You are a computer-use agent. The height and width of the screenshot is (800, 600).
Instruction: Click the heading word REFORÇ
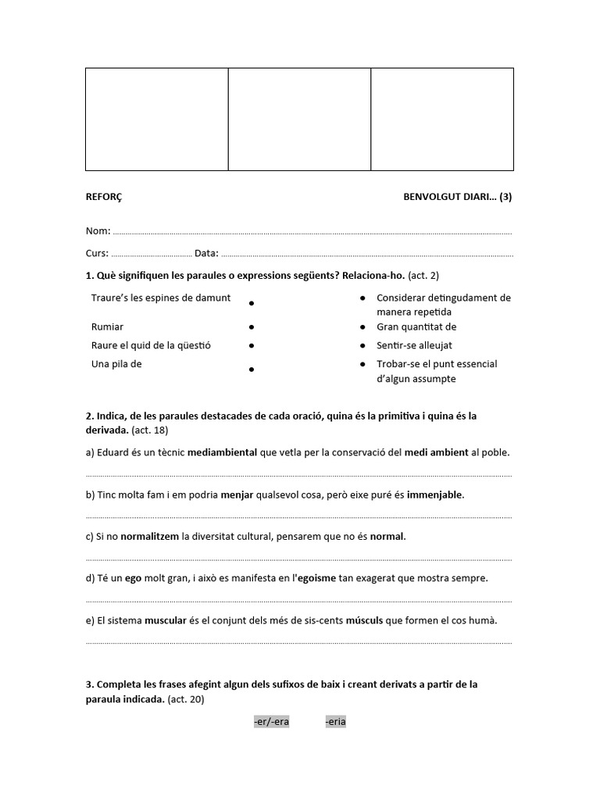coord(103,197)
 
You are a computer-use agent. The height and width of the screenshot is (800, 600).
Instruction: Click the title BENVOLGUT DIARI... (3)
coord(458,197)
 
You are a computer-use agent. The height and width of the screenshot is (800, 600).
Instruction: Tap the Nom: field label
coord(98,231)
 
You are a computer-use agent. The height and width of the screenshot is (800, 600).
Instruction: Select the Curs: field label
coord(98,253)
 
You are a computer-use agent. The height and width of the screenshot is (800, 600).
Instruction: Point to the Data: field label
coord(206,253)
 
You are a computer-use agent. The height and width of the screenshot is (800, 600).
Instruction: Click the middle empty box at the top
coord(299,119)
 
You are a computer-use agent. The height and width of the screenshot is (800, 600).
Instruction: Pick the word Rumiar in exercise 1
coord(107,327)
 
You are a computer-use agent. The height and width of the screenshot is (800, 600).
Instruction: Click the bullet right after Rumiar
coord(252,327)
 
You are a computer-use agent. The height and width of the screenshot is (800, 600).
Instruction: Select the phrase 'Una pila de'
coord(116,363)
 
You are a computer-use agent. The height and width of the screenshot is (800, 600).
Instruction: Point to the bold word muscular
coord(165,620)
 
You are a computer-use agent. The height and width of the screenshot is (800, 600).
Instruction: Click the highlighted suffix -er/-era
coord(271,722)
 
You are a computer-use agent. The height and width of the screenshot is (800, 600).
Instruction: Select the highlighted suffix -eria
coord(335,722)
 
